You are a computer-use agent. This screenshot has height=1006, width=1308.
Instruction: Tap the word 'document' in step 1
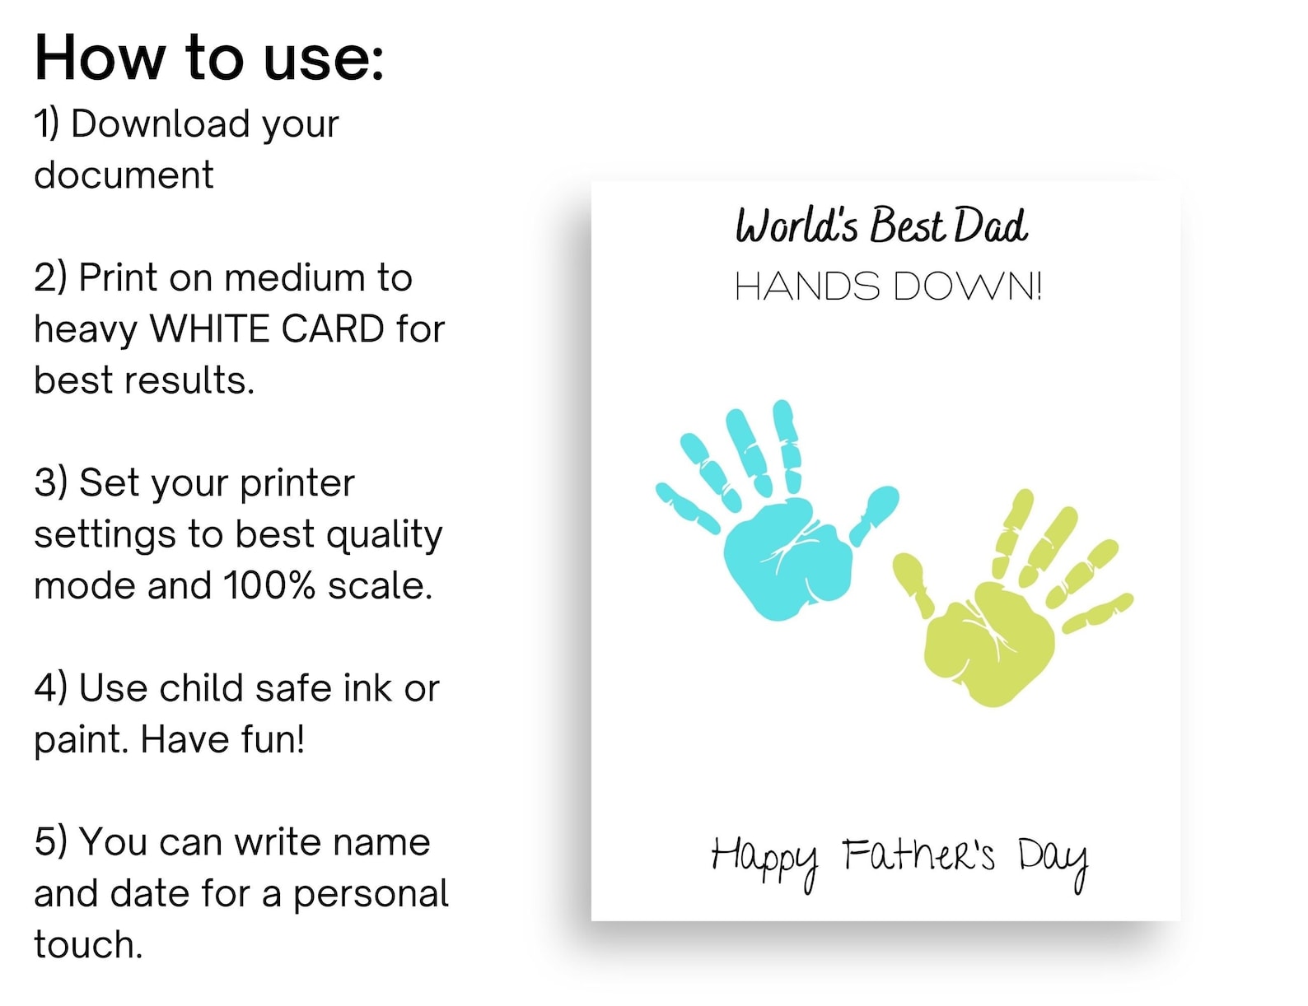point(124,175)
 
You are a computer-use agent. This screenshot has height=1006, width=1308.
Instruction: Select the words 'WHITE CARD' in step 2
point(267,329)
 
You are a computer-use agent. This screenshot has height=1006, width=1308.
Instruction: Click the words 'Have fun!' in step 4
point(222,739)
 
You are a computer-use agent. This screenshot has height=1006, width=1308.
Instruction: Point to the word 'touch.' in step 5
point(88,945)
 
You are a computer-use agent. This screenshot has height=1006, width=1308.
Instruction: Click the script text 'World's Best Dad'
point(881,226)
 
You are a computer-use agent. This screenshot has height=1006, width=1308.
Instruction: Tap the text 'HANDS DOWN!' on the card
point(888,286)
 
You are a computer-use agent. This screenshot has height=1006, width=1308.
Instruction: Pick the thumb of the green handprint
point(913,581)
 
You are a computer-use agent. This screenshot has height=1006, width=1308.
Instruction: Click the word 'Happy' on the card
point(764,859)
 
